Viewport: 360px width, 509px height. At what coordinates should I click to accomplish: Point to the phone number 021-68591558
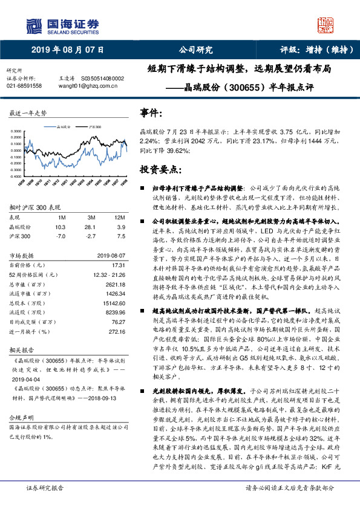click(24, 86)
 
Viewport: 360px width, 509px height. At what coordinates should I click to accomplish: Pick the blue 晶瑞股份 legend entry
click(61, 128)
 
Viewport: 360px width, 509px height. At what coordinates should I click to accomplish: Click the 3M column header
click(91, 216)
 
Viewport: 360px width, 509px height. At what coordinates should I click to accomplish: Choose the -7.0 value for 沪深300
click(60, 236)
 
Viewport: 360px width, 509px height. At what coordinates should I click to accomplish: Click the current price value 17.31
click(118, 265)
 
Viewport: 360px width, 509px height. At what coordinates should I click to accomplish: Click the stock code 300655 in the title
click(244, 87)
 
